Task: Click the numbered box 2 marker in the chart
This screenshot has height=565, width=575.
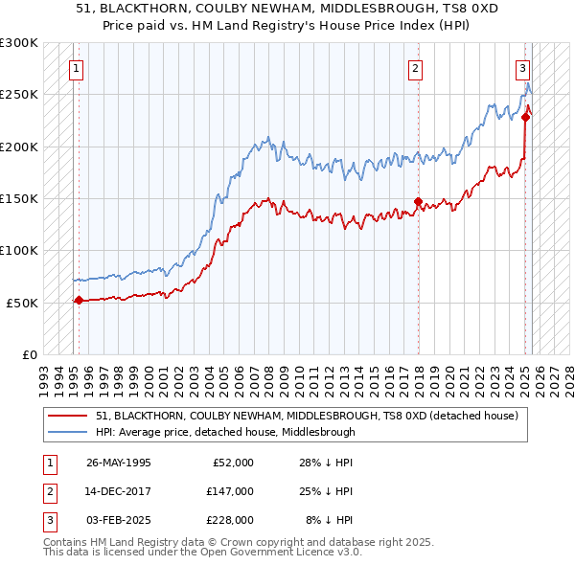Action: (415, 68)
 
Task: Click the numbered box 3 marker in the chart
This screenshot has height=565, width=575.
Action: (522, 68)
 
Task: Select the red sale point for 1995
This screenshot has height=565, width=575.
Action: (79, 300)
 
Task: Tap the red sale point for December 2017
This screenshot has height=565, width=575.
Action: (419, 201)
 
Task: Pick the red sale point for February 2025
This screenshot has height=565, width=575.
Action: (526, 117)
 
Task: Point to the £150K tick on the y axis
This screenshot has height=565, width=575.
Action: (19, 198)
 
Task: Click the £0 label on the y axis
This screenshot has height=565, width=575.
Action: (30, 354)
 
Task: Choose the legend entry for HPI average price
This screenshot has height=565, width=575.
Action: (225, 432)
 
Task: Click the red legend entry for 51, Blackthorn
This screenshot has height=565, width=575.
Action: (307, 416)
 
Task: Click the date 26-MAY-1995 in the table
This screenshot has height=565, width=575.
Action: (119, 463)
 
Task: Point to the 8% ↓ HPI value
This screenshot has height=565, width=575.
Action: (330, 520)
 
